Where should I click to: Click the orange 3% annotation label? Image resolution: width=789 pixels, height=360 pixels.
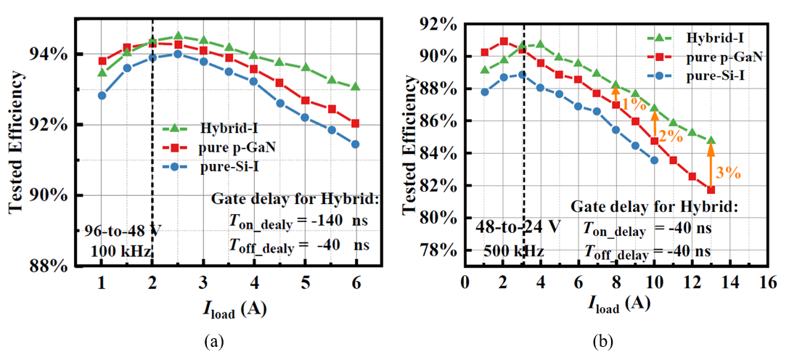pyautogui.click(x=728, y=172)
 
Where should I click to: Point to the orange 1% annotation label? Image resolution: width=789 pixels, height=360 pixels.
pyautogui.click(x=633, y=104)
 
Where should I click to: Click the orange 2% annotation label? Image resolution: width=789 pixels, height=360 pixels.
pyautogui.click(x=671, y=135)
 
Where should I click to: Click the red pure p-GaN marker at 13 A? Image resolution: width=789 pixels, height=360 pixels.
pyautogui.click(x=711, y=190)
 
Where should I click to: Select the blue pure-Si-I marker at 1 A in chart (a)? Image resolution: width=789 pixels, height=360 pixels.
pyautogui.click(x=102, y=95)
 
